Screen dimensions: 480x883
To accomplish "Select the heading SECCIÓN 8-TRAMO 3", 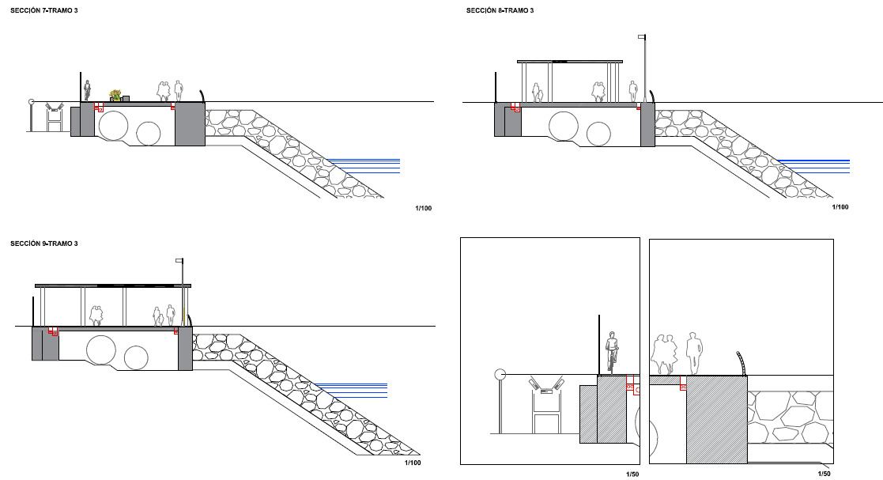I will click(500, 10).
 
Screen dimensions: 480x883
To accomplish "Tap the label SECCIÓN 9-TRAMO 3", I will click(44, 244).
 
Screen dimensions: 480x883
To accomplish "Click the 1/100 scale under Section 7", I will click(424, 208).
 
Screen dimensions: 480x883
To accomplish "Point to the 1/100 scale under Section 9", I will click(412, 463).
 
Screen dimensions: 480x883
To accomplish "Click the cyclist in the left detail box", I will click(610, 353).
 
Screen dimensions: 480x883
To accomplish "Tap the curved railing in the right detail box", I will click(741, 363).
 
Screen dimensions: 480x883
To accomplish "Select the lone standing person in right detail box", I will click(693, 353).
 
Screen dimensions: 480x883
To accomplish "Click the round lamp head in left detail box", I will click(500, 375).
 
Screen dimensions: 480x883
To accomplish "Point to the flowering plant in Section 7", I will click(115, 96).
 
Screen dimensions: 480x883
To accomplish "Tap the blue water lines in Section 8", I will click(813, 166).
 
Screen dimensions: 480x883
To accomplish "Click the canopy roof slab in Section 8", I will click(569, 61).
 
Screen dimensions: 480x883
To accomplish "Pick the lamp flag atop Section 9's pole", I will click(179, 261).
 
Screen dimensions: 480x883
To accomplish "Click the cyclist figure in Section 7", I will click(87, 91).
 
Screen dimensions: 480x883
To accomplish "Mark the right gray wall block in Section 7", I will click(190, 125).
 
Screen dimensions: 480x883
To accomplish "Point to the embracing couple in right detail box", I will click(664, 354).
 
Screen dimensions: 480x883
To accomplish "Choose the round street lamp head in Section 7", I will click(32, 102).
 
